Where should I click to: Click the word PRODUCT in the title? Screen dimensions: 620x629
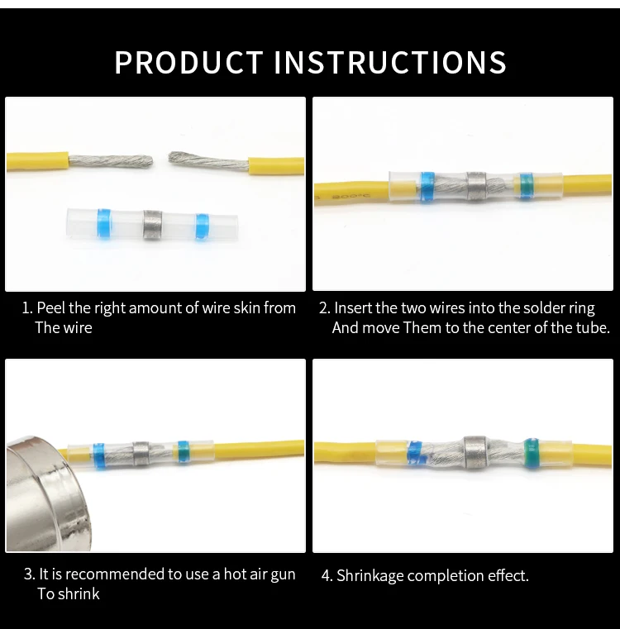[x=188, y=62]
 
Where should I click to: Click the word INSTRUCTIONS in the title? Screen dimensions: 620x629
[x=390, y=62]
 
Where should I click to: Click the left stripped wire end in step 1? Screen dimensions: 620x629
[x=111, y=161]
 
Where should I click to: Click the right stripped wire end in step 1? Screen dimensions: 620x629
[x=208, y=162]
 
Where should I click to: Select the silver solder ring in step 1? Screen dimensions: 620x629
[x=152, y=225]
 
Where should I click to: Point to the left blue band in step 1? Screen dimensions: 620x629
[x=103, y=223]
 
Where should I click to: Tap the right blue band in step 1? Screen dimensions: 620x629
[x=203, y=226]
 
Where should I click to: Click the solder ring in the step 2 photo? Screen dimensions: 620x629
[x=476, y=186]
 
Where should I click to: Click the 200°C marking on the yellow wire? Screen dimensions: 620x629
[x=351, y=196]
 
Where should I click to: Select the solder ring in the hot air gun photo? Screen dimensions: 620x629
[x=141, y=453]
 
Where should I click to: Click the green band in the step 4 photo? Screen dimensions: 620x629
[x=531, y=452]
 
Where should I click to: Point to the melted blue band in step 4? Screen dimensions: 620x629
[x=414, y=453]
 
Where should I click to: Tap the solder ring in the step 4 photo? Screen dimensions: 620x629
[x=475, y=451]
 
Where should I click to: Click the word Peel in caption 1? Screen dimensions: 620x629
[x=50, y=308]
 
